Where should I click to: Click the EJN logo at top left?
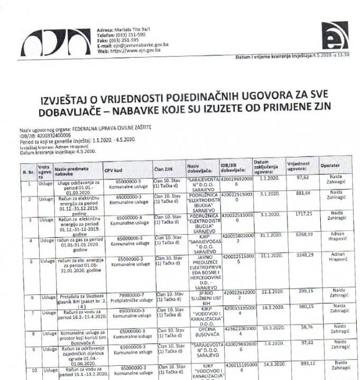point(56,42)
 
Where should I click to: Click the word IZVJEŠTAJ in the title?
point(75,100)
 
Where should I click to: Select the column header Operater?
point(329,166)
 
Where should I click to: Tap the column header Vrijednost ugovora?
point(299,166)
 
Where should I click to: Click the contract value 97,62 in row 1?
point(302,178)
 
